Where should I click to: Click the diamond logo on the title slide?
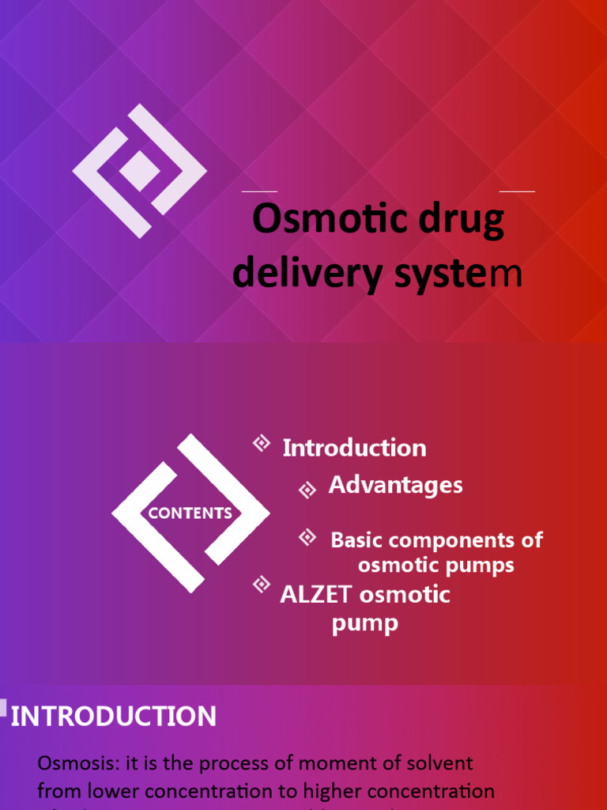(140, 171)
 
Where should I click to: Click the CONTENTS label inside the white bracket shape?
(190, 513)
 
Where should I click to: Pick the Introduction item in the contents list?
(354, 448)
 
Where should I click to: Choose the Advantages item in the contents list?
(395, 485)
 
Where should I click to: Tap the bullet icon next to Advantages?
(307, 490)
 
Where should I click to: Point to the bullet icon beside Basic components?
(307, 538)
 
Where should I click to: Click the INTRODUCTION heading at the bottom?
(113, 717)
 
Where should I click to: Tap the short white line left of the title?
(259, 191)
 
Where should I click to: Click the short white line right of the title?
(517, 191)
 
